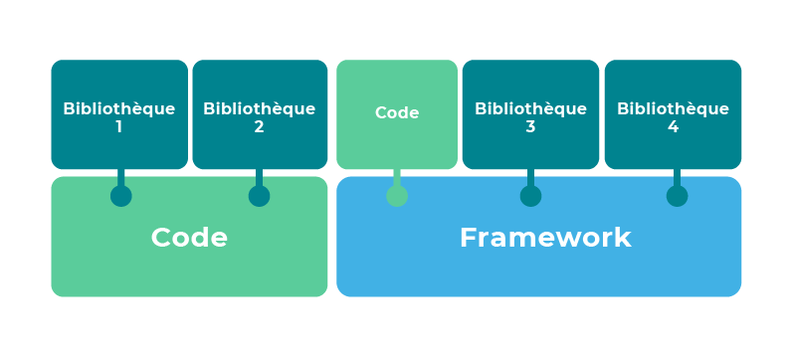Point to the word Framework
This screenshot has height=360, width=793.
[x=545, y=238]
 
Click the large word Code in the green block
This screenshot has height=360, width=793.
[x=189, y=238]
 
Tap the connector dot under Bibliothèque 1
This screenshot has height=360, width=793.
[x=121, y=196]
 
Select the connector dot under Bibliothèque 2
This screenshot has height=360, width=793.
[x=259, y=196]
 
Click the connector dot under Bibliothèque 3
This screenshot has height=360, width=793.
[x=530, y=196]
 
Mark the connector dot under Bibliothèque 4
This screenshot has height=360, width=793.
[x=677, y=196]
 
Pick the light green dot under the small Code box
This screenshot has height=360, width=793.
[x=397, y=196]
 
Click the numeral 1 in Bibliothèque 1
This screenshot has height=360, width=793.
[x=119, y=126]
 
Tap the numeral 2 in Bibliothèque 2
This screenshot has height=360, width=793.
[x=259, y=126]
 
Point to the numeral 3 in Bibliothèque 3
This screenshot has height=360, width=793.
[x=530, y=126]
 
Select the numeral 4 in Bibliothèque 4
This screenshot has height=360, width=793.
[x=673, y=126]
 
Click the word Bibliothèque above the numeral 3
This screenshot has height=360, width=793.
[x=530, y=108]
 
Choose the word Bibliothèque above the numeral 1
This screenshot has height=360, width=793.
[x=119, y=108]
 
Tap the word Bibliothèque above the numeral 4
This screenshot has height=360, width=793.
[x=673, y=108]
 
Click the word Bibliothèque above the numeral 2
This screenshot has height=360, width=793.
[x=259, y=108]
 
